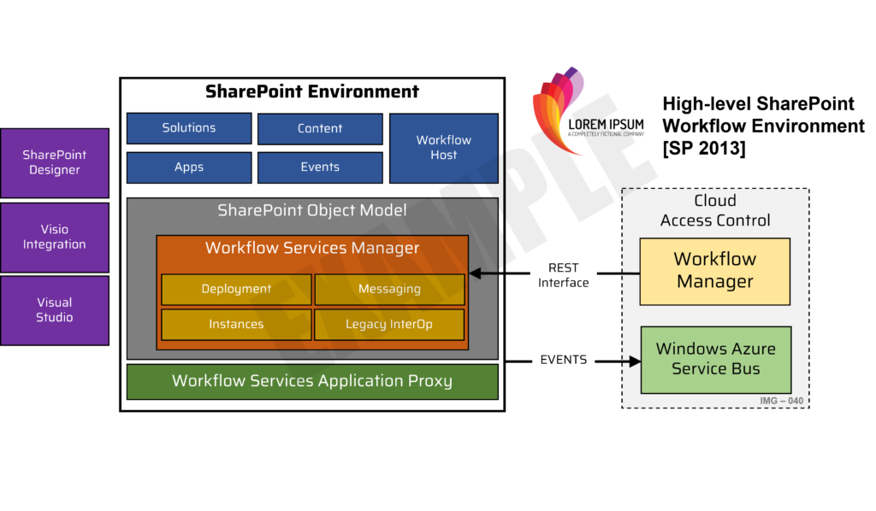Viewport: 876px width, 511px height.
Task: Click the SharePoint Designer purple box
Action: coord(55,162)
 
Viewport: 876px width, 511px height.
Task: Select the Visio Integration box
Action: coord(55,237)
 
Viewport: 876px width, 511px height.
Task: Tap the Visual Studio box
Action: coord(55,310)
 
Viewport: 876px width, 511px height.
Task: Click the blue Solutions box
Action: coord(189,128)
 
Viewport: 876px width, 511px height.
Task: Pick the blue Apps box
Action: coord(189,167)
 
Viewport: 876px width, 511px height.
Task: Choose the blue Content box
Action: coord(320,129)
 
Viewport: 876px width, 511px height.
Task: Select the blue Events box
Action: coord(320,167)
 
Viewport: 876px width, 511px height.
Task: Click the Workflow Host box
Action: coord(443,148)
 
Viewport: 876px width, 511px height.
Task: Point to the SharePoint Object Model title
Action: coord(312,210)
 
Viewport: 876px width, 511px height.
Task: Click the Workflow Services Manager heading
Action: coord(312,249)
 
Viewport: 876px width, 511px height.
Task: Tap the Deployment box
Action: coord(236,289)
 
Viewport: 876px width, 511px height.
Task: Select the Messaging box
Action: coord(389,289)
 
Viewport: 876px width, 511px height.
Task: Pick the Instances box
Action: coord(236,325)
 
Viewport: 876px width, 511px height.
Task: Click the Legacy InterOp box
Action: coord(389,325)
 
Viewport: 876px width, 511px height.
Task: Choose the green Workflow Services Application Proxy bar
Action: coord(312,381)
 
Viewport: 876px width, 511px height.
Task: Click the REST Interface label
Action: coord(563,275)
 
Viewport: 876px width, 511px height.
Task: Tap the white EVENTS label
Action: coord(563,360)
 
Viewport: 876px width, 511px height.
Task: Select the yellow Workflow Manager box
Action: coord(714,271)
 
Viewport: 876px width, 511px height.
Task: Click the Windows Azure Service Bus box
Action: coord(715,359)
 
